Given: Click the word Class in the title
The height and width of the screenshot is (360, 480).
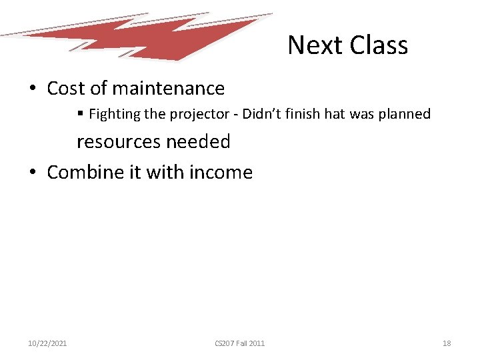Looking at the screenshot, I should pos(378,45).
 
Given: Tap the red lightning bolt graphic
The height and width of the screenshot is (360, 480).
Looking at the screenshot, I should pos(167,37).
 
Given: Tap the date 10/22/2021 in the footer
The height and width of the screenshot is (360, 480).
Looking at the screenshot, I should pos(47,343).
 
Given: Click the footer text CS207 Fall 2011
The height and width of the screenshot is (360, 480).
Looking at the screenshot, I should pos(239,343).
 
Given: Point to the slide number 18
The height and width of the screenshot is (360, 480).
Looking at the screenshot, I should pos(447,343).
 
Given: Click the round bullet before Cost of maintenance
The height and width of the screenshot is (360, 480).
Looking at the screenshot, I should pos(32,89).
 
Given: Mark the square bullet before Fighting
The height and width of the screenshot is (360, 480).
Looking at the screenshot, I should pos(80,114).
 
